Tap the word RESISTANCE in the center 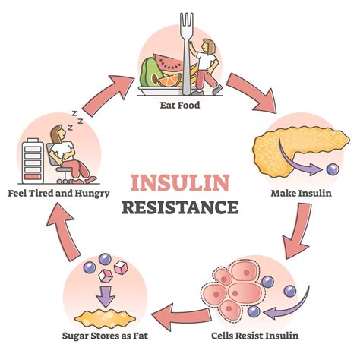tap(180, 207)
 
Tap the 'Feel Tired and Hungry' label tap(58, 193)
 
